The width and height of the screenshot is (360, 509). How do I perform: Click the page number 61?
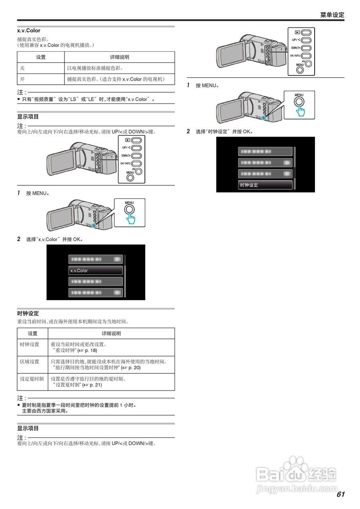340,494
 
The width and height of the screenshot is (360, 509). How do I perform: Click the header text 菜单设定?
332,15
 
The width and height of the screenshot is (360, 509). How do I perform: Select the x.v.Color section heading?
29,31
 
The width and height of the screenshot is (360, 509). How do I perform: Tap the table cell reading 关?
22,68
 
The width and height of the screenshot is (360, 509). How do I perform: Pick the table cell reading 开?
22,79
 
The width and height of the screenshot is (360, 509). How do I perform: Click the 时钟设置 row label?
30,344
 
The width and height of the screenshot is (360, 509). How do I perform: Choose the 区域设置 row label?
30,361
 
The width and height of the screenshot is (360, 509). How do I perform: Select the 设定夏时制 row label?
32,379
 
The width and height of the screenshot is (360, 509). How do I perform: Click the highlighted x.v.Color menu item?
95,270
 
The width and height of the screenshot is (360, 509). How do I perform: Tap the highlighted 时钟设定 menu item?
265,185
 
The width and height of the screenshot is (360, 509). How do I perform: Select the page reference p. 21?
95,385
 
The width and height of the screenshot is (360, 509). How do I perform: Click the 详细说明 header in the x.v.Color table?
119,57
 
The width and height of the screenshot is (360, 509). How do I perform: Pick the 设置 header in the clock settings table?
33,334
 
